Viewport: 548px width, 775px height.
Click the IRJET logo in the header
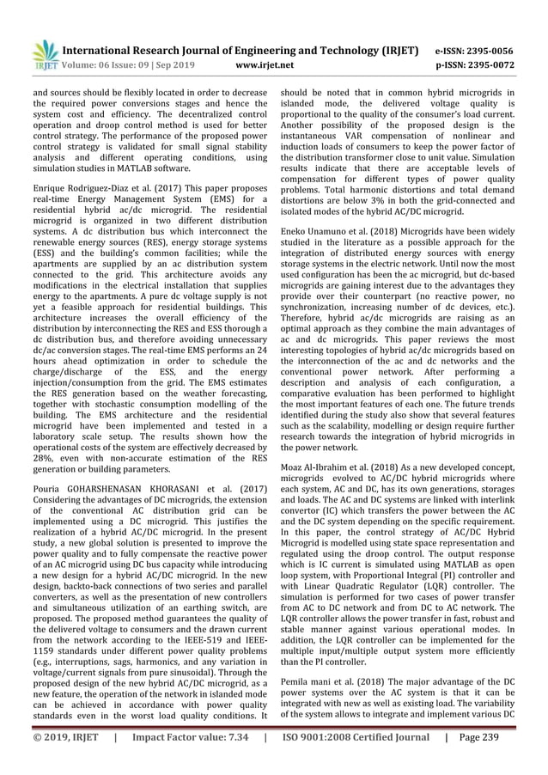coord(42,53)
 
